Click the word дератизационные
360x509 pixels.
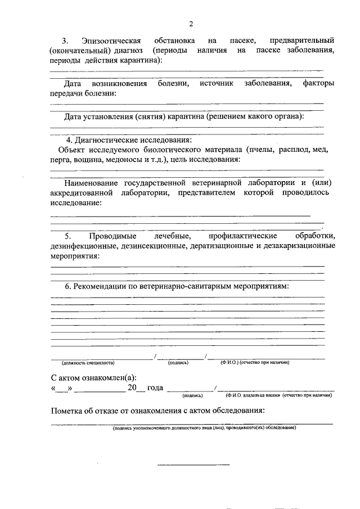point(222,246)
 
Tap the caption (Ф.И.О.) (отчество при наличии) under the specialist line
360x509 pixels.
point(255,363)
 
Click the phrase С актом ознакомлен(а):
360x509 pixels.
point(94,377)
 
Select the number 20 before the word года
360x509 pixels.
point(132,388)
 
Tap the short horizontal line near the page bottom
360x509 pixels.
point(194,465)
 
